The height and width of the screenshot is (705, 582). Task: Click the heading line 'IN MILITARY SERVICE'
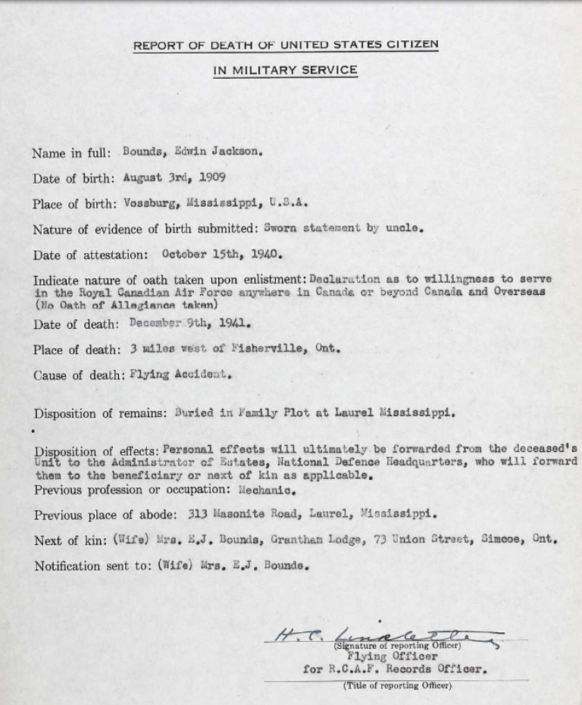tap(285, 70)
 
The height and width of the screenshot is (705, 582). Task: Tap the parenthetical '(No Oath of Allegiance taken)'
tap(126, 305)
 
